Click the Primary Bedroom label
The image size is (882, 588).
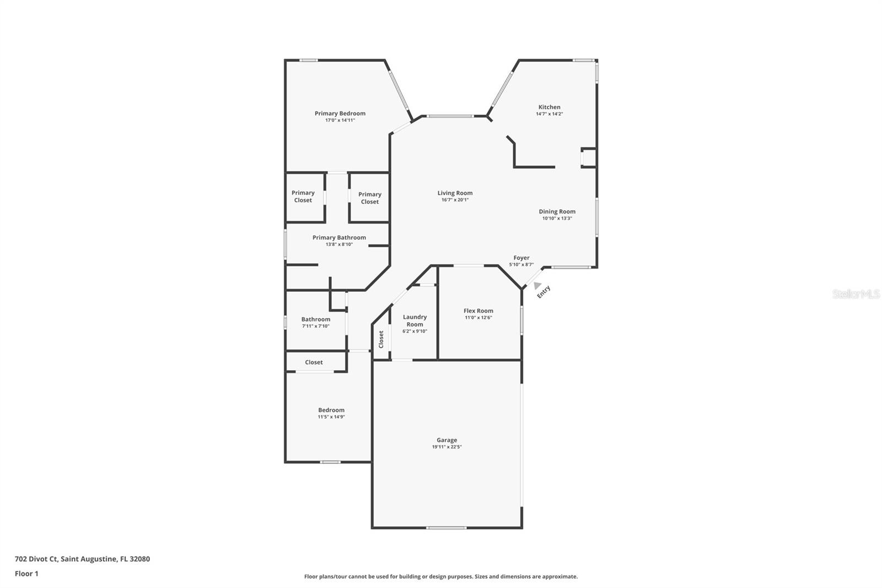click(340, 114)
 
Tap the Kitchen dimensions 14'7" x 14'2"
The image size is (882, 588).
click(549, 114)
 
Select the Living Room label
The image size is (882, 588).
click(455, 193)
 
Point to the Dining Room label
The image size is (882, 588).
click(557, 211)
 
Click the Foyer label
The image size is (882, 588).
click(521, 258)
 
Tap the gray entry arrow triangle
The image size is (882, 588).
click(537, 286)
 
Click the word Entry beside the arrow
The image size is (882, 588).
click(544, 292)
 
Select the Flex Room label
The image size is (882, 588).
click(478, 311)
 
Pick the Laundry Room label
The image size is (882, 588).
click(415, 320)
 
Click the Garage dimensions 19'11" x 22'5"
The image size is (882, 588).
click(447, 447)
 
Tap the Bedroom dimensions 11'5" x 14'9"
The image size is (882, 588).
click(331, 417)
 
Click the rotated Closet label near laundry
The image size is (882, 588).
click(381, 339)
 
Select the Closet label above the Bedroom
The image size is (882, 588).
click(314, 362)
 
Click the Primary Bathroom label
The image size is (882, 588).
click(339, 238)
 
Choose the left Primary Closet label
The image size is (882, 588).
click(303, 196)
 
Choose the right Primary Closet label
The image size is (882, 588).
click(369, 198)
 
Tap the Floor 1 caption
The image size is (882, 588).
click(26, 574)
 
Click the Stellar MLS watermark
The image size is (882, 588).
click(856, 295)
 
